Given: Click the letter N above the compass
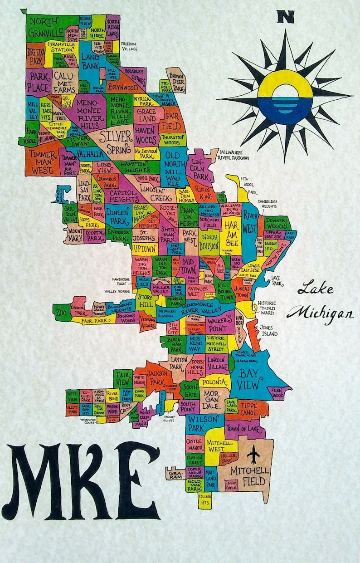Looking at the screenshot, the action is (286, 17).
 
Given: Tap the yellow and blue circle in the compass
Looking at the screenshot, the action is (285, 97).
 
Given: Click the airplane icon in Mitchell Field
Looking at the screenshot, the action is (254, 454).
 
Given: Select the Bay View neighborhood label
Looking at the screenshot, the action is (250, 379).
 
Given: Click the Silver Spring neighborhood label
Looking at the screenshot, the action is (116, 142).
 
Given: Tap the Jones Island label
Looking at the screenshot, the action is (268, 330).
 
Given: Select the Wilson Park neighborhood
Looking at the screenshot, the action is (203, 423).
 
